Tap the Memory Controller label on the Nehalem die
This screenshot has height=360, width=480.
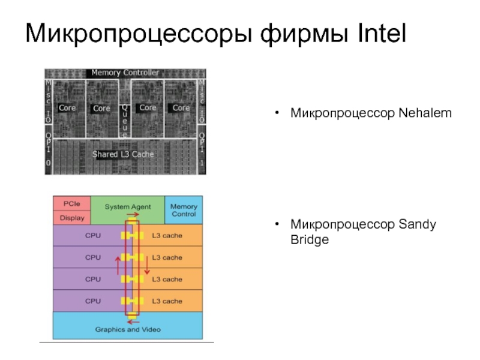125,73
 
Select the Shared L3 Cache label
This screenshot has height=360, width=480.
123,154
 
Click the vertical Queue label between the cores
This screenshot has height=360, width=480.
125,119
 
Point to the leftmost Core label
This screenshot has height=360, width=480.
67,108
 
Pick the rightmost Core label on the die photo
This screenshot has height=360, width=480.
181,108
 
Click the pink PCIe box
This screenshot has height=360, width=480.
72,204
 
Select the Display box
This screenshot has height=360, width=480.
72,218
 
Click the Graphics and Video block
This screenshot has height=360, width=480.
128,329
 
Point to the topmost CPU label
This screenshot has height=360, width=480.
93,236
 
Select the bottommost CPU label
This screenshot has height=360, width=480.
93,301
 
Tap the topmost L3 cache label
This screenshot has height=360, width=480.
167,236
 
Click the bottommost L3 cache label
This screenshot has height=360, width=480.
167,301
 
